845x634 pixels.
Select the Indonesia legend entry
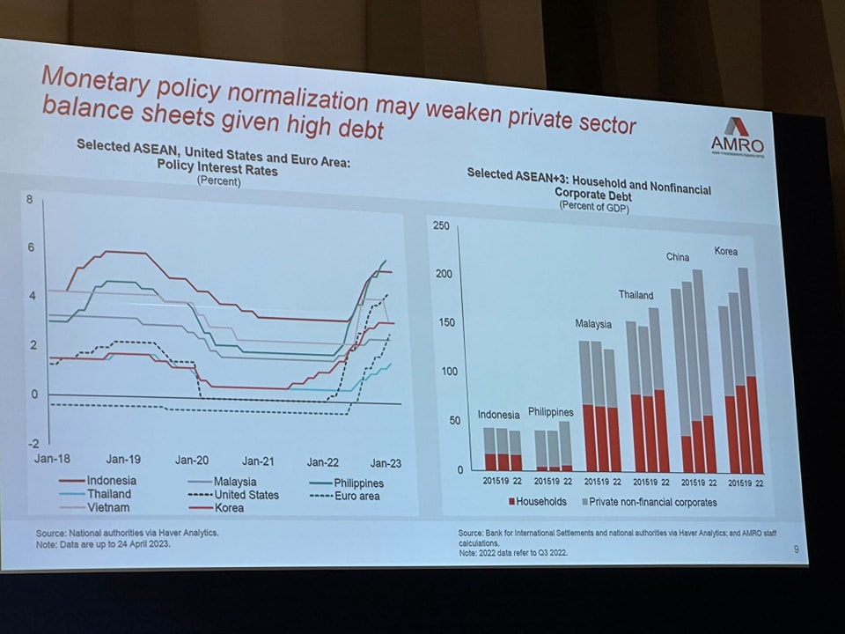tap(111, 481)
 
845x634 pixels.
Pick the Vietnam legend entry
tap(107, 507)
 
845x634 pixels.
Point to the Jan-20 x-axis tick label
tap(191, 460)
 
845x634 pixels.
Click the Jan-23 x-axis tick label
tap(385, 463)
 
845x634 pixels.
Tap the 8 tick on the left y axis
tap(30, 200)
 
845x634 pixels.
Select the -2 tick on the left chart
tap(34, 442)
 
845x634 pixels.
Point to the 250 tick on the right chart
tap(440, 226)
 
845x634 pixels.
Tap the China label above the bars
tap(678, 257)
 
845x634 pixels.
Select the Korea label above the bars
tap(725, 252)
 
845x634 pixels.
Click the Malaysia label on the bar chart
tap(593, 324)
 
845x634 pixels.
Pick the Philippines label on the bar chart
tap(550, 412)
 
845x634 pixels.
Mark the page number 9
tap(796, 550)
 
